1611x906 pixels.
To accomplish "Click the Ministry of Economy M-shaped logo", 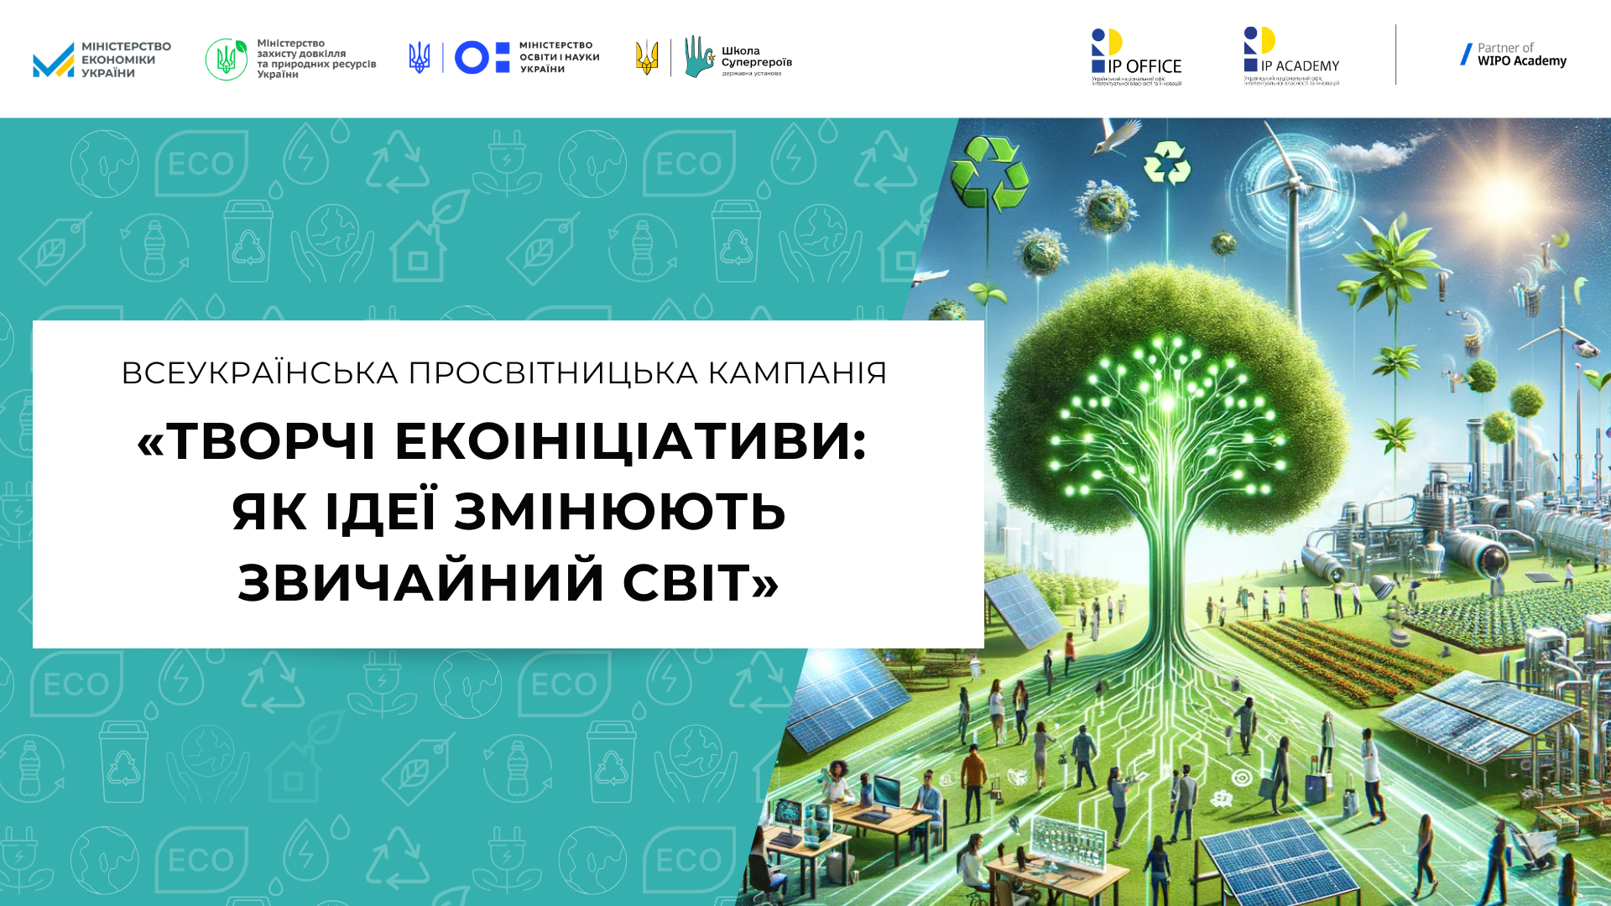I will (54, 60).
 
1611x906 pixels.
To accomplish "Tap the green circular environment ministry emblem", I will (226, 60).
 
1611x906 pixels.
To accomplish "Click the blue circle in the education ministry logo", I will (472, 58).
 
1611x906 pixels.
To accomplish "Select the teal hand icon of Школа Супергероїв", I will (698, 56).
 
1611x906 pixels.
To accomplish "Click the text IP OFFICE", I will (1144, 66).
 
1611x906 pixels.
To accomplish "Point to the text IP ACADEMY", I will (1300, 66).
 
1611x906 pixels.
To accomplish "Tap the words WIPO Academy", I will (1521, 61).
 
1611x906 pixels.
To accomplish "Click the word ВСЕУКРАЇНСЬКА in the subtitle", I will (260, 373).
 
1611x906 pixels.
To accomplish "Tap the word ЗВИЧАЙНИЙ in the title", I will (422, 582).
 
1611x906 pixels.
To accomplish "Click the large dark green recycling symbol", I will (990, 174).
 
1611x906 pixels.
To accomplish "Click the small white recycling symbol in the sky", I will (1168, 162).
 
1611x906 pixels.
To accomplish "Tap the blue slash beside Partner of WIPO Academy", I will (1466, 55).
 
